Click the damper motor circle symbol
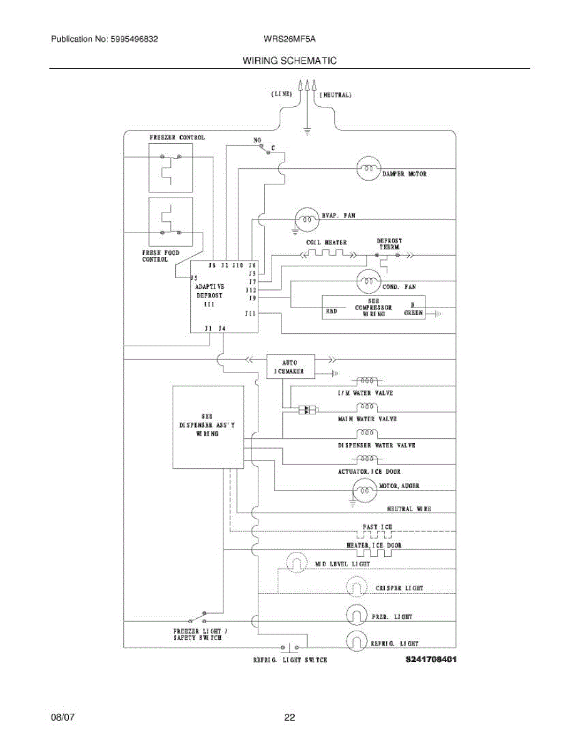pyautogui.click(x=369, y=169)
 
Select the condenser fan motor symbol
pyautogui.click(x=369, y=282)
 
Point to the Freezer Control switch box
pyautogui.click(x=170, y=167)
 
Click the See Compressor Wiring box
pyautogui.click(x=374, y=307)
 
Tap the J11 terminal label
pyautogui.click(x=250, y=313)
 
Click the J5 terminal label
pyautogui.click(x=195, y=277)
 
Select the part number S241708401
pyautogui.click(x=430, y=659)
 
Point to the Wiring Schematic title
pyautogui.click(x=290, y=61)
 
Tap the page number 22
pyautogui.click(x=290, y=717)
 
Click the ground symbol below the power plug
pyautogui.click(x=307, y=131)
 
